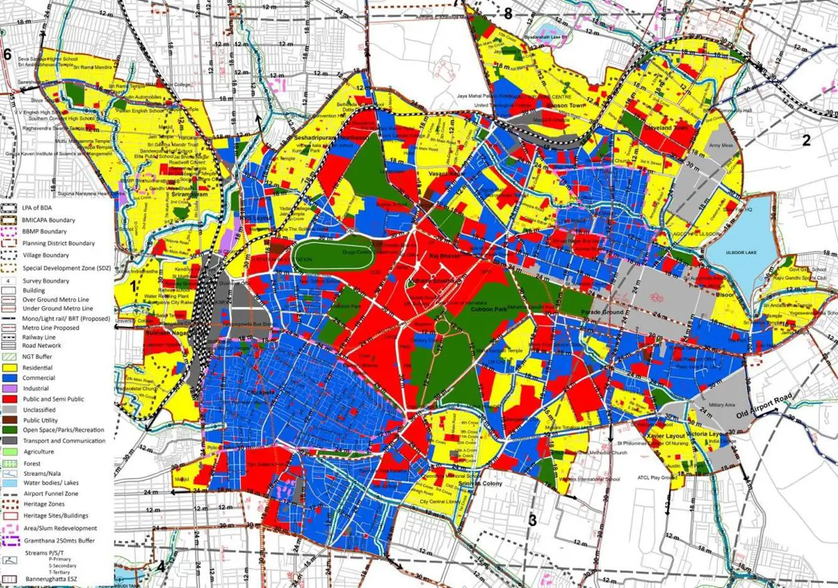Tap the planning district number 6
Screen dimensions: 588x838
8,54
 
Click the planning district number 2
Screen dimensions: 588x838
806,140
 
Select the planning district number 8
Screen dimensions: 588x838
508,14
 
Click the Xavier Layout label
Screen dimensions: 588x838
662,435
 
